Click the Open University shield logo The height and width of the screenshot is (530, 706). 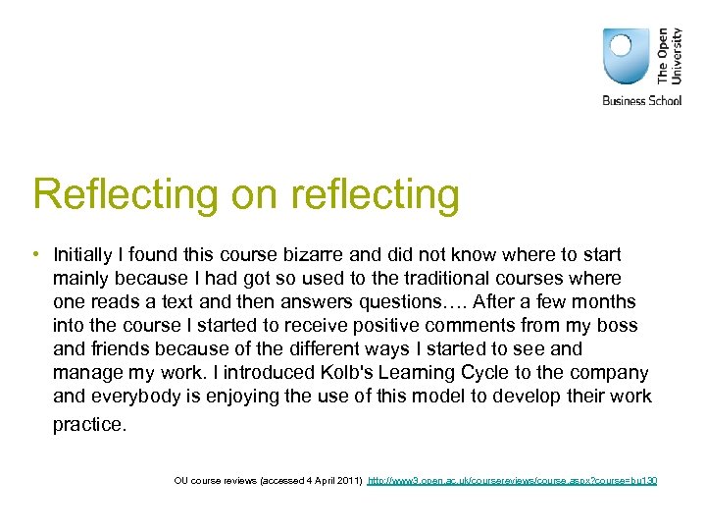tap(627, 56)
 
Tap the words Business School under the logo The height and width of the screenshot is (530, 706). tap(641, 100)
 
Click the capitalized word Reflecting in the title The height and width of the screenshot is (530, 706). tap(126, 194)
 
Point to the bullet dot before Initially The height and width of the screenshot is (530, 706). tap(36, 254)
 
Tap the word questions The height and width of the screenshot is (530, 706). tap(416, 301)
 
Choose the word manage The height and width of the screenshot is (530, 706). tap(87, 372)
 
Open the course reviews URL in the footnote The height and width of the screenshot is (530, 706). tap(512, 480)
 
